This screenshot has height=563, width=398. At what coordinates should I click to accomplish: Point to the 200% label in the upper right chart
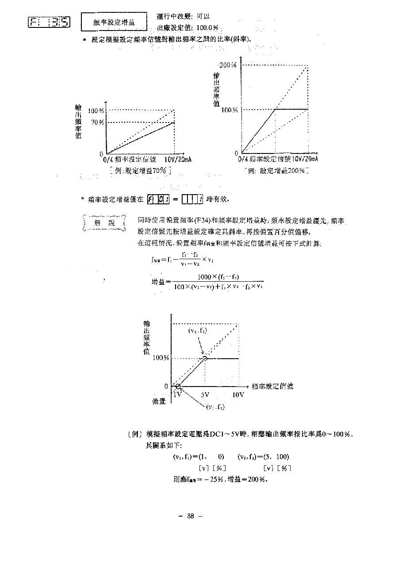(228, 65)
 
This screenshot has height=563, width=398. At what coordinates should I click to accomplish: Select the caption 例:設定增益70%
(141, 170)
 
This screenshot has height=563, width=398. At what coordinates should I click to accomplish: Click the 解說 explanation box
(104, 223)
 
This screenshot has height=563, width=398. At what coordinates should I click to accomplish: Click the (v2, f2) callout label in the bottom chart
(197, 331)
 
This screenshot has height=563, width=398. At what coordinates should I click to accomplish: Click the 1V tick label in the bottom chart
(178, 394)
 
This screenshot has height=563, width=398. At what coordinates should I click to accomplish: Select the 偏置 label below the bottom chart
(159, 402)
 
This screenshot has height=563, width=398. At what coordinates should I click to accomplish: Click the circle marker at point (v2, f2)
(205, 358)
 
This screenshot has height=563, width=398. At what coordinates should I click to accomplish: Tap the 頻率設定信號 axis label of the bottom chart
(272, 386)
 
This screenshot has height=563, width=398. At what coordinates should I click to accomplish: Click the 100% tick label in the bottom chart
(161, 358)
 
